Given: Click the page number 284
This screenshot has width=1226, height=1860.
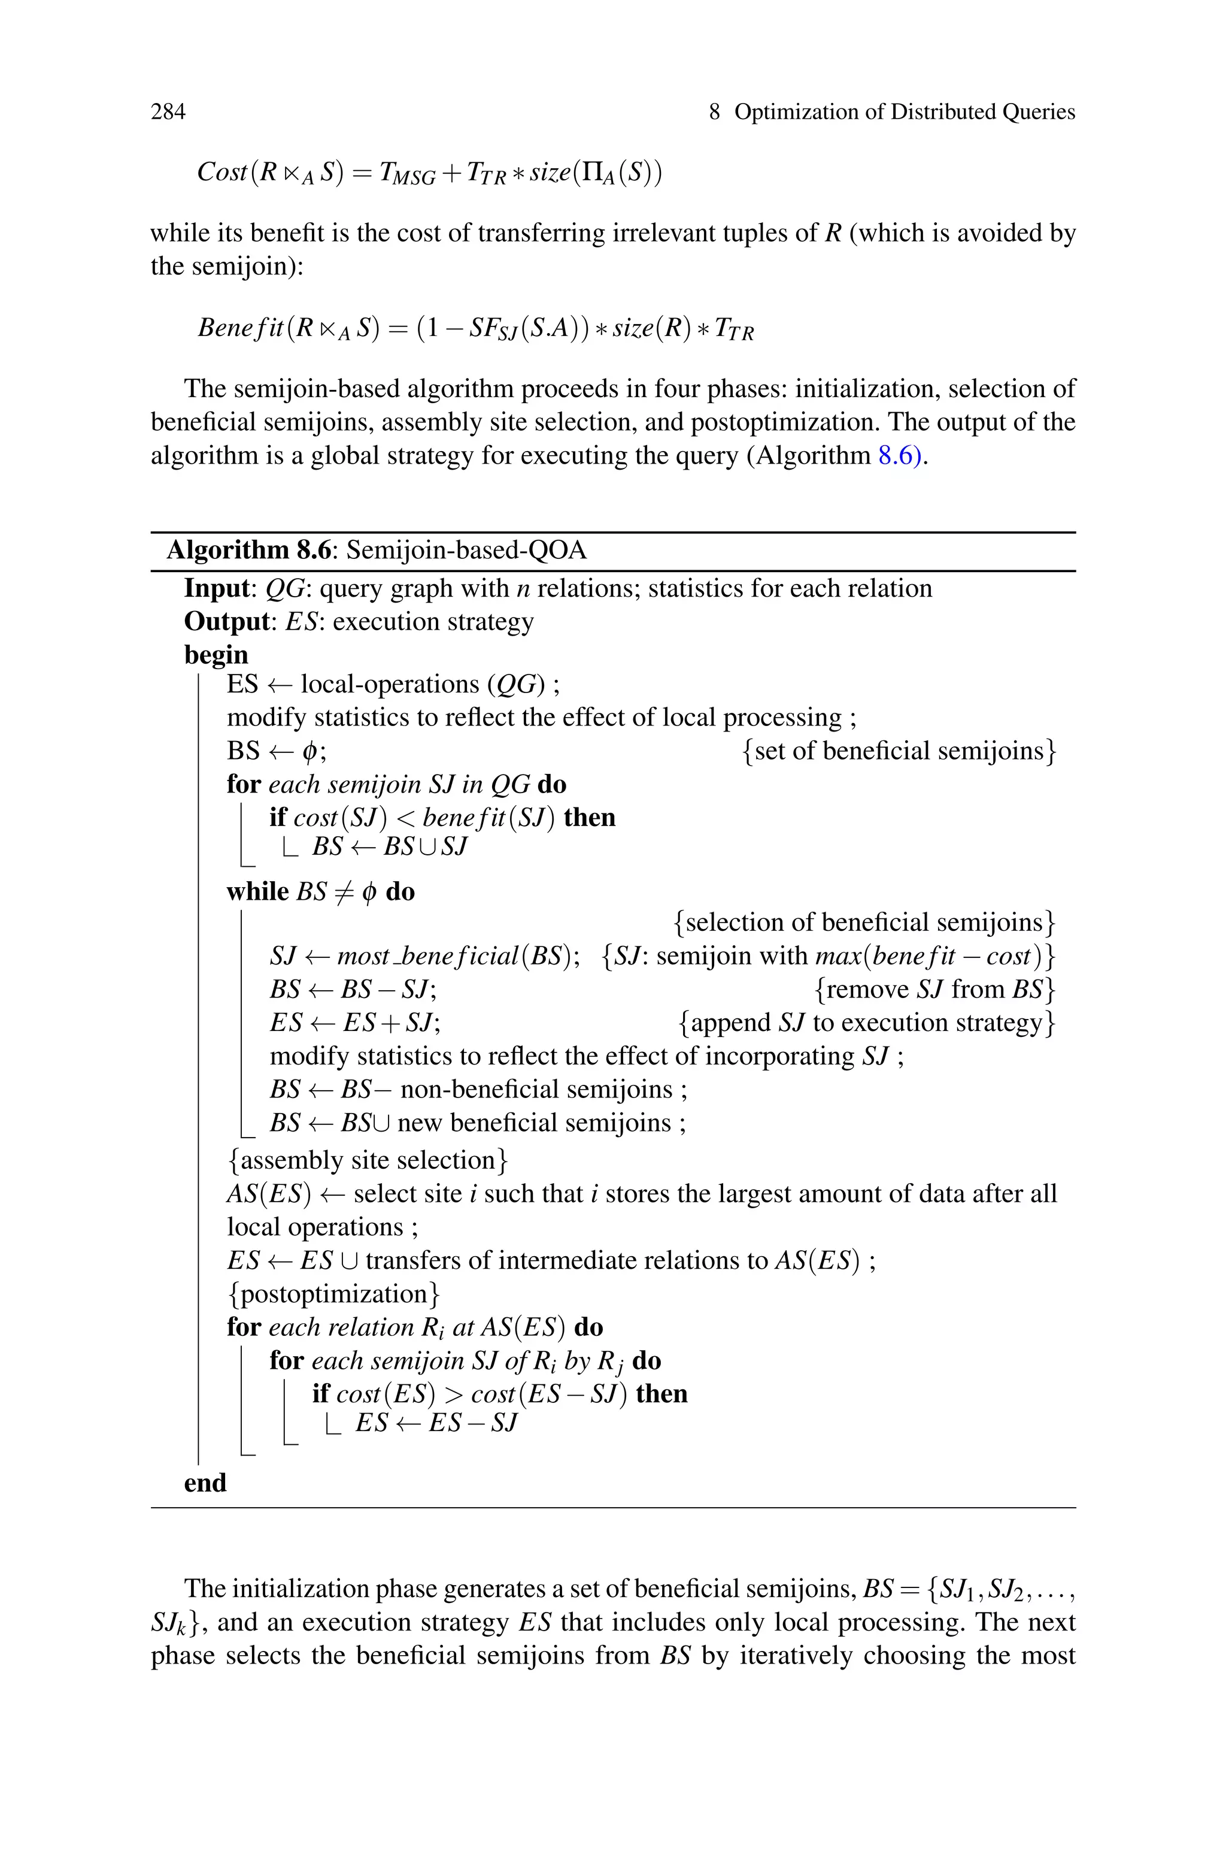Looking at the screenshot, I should tap(168, 112).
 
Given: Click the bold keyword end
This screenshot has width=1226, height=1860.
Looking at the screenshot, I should tap(205, 1483).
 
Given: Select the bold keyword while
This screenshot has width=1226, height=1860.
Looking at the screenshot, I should tap(257, 892).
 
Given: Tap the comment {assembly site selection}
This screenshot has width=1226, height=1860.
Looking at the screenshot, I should tap(368, 1160).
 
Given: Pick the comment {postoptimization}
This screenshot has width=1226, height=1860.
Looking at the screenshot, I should tap(334, 1294).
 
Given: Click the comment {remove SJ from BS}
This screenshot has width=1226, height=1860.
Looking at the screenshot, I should tap(934, 990).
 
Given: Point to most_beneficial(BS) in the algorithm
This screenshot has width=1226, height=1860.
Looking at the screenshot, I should tap(458, 957).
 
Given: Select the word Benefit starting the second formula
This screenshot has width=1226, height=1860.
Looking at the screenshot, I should tap(241, 328).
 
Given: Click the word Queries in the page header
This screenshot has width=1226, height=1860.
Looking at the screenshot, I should tap(1039, 112).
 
